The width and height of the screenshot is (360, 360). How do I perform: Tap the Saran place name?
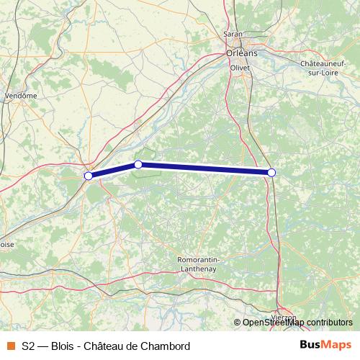pos(233,34)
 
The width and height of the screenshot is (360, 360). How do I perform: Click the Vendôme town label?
pos(20,95)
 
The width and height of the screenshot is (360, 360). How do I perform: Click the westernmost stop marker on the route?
pos(89,176)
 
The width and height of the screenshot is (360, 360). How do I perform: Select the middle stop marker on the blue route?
pos(138,165)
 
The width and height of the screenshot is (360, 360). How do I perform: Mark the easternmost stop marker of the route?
pos(271,172)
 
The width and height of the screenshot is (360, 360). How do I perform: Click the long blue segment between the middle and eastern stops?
pos(205,168)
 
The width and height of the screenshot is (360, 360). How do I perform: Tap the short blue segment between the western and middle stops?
pos(113,170)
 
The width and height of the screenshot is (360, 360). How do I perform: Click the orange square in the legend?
pos(10,346)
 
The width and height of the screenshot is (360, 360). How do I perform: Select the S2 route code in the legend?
pos(28,346)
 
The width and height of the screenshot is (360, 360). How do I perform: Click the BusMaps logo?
pos(325,345)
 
